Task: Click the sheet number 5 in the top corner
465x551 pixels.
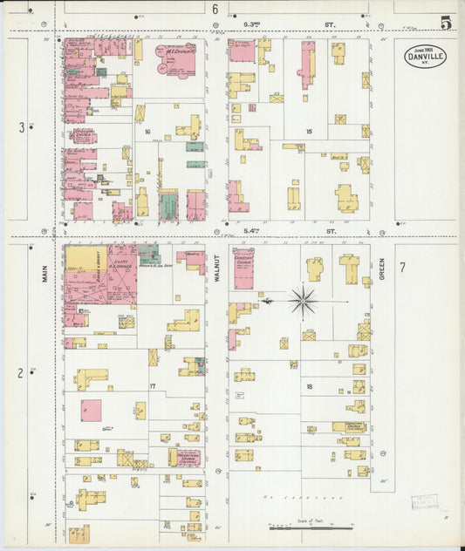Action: [x=446, y=23]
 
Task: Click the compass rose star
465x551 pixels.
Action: [x=304, y=302]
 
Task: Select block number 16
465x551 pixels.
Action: [x=148, y=133]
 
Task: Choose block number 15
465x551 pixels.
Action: [x=309, y=132]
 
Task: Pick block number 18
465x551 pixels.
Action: [x=309, y=384]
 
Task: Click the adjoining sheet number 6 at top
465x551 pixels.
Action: [x=215, y=10]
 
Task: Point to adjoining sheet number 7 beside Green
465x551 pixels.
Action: [x=402, y=267]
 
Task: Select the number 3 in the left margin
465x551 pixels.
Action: [x=22, y=128]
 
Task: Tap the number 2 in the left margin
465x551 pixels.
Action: [x=21, y=373]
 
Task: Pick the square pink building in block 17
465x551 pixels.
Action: [x=91, y=410]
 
